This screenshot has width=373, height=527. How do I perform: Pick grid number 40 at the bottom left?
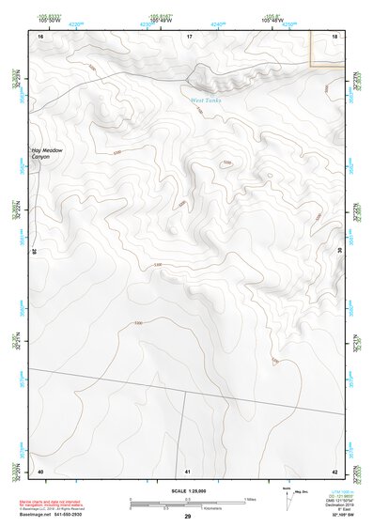(40, 471)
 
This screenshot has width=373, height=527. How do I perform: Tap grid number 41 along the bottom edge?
(188, 471)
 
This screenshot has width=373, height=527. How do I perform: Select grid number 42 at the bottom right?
(335, 471)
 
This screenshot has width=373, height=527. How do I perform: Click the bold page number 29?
(188, 517)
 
